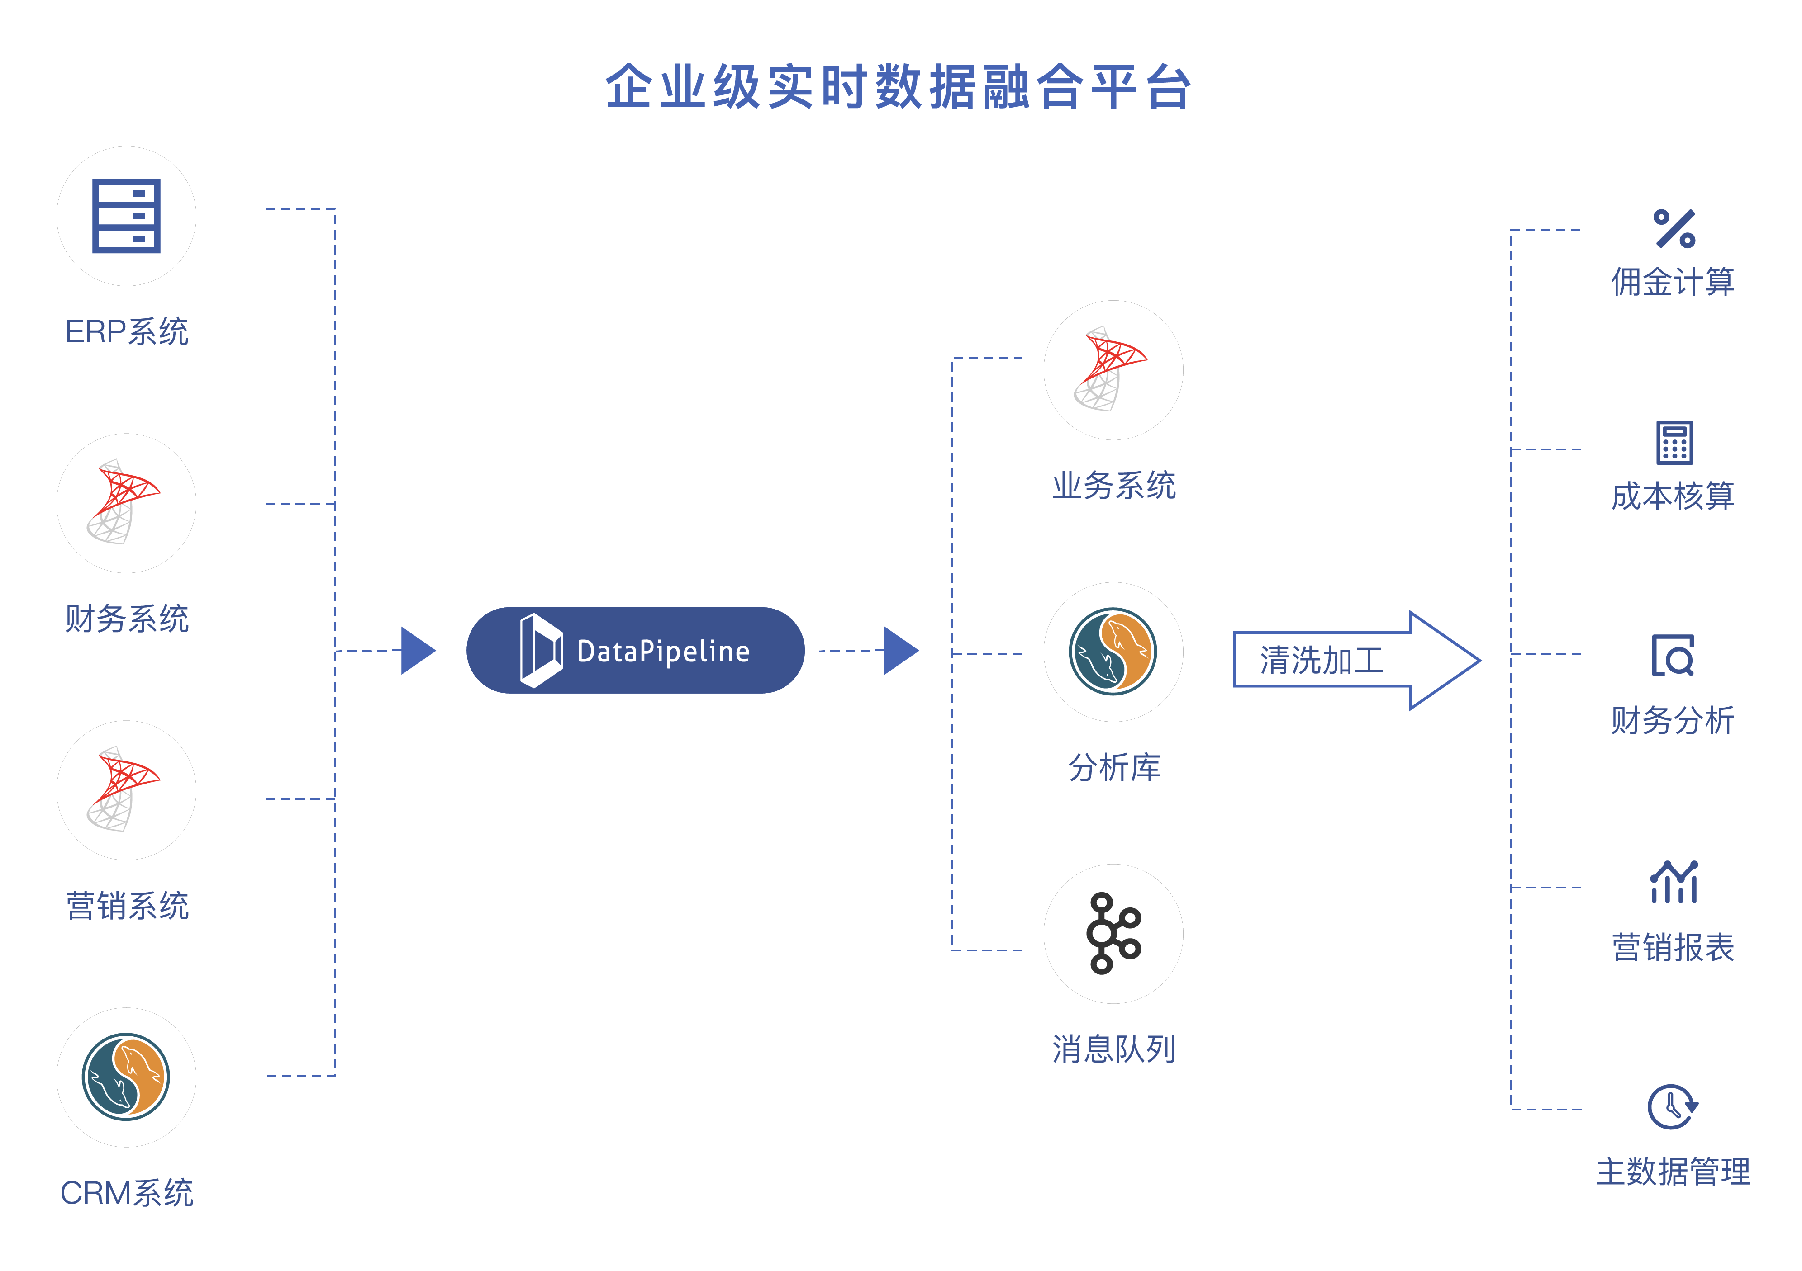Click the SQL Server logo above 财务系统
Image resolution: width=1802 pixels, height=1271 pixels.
coord(124,502)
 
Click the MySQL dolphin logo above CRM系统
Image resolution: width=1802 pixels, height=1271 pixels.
coord(126,1077)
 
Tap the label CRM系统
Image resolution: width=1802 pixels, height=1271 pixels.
coord(126,1192)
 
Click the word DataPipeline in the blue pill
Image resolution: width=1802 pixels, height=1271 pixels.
coord(663,651)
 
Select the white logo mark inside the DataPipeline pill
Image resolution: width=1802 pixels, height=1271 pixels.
coord(541,650)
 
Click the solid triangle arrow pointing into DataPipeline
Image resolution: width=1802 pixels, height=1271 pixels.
coord(417,650)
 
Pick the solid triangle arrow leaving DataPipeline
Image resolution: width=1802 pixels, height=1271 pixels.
coord(900,650)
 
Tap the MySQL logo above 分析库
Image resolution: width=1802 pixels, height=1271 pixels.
coord(1113,651)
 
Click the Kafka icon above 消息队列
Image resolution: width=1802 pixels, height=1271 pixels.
coord(1113,934)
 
